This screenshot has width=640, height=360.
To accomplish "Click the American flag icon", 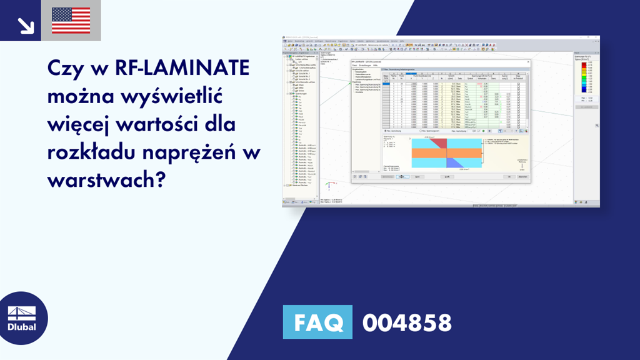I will (71, 20).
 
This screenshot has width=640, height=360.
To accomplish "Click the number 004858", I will (407, 322).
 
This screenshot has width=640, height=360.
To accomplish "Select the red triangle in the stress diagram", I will (437, 143).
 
